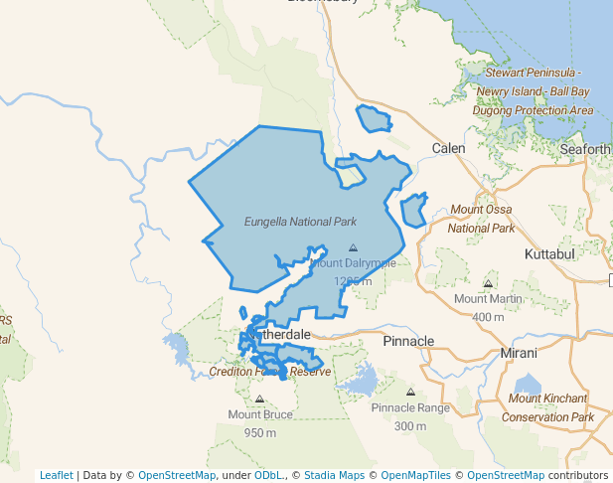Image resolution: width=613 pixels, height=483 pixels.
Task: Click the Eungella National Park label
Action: [x=300, y=222]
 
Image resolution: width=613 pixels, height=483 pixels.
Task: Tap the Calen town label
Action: [x=448, y=148]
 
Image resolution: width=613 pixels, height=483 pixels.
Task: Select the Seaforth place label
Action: [x=585, y=149]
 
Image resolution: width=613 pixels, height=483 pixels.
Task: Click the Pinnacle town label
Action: [x=408, y=341]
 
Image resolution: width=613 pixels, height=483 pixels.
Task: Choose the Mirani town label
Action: [x=519, y=353]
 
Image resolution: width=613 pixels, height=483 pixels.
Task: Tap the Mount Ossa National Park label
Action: [x=482, y=219]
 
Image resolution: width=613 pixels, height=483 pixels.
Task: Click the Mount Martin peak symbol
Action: [x=488, y=283]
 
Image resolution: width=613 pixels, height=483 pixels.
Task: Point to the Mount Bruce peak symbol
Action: [x=259, y=399]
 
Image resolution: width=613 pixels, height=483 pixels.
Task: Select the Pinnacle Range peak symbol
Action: [x=410, y=392]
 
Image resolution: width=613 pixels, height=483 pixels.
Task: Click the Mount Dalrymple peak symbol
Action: [x=353, y=247]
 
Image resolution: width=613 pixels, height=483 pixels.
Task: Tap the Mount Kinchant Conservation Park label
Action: [x=547, y=407]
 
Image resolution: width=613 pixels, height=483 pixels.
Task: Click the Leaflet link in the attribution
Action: [x=56, y=475]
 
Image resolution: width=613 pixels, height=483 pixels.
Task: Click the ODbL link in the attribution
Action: [x=268, y=475]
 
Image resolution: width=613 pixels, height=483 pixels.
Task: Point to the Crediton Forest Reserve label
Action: [x=269, y=372]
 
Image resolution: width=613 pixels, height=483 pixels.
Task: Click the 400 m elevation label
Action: [x=488, y=317]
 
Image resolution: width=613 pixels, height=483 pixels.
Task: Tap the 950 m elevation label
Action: [x=259, y=432]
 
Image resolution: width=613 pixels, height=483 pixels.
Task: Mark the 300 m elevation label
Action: [x=410, y=426]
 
